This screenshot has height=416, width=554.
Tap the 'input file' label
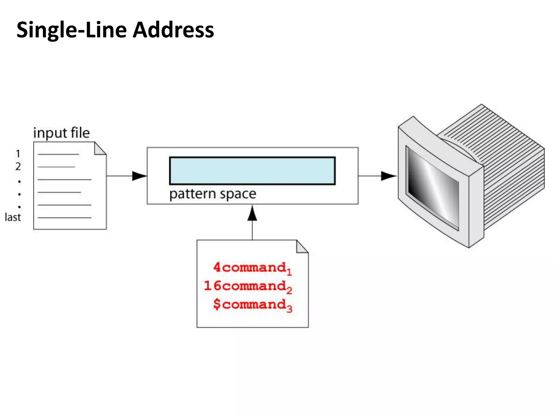[x=61, y=133]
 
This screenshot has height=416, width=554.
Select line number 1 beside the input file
[x=18, y=154]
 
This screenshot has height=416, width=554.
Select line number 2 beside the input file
[x=18, y=166]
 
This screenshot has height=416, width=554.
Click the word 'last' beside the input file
[x=13, y=217]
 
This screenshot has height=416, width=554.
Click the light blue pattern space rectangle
[x=252, y=171]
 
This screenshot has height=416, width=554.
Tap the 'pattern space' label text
[x=213, y=194]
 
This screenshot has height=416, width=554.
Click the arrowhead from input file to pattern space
[x=139, y=176]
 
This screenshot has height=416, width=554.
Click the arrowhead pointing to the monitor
[x=388, y=176]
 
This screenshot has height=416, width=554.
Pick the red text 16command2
[x=248, y=286]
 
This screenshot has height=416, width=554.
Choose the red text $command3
[x=252, y=305]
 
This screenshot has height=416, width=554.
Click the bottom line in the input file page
[x=64, y=217]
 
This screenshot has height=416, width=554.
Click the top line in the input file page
[x=58, y=154]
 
